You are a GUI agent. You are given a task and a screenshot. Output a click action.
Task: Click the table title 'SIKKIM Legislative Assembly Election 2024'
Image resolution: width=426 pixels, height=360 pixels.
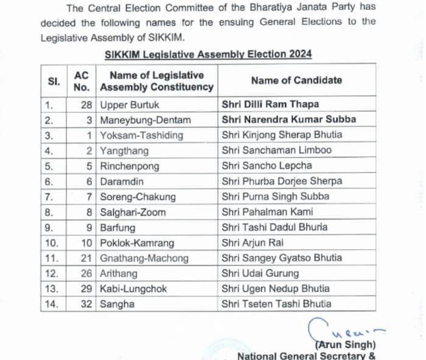pyautogui.click(x=208, y=54)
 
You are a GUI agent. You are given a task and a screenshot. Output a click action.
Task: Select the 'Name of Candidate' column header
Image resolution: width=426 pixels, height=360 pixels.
pyautogui.click(x=296, y=80)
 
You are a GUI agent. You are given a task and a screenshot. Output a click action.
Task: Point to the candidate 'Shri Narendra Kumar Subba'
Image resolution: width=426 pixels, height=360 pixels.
pyautogui.click(x=288, y=119)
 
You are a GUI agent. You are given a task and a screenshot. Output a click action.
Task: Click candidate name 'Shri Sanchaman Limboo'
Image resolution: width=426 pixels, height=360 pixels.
pyautogui.click(x=276, y=150)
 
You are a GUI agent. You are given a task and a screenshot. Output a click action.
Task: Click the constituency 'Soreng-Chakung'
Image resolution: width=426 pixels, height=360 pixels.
pyautogui.click(x=138, y=196)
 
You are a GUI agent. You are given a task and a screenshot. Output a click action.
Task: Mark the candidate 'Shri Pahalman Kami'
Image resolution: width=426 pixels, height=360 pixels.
pyautogui.click(x=267, y=212)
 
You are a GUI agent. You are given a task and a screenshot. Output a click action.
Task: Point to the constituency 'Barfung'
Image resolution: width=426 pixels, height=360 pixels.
pyautogui.click(x=117, y=227)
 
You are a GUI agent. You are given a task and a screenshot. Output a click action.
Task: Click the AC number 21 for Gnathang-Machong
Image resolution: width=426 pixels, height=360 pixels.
pyautogui.click(x=86, y=258)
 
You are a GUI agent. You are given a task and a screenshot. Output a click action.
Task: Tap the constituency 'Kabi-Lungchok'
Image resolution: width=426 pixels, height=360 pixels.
pyautogui.click(x=133, y=288)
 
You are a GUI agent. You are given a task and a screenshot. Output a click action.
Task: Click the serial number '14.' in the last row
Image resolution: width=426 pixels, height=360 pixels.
pyautogui.click(x=52, y=303)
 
